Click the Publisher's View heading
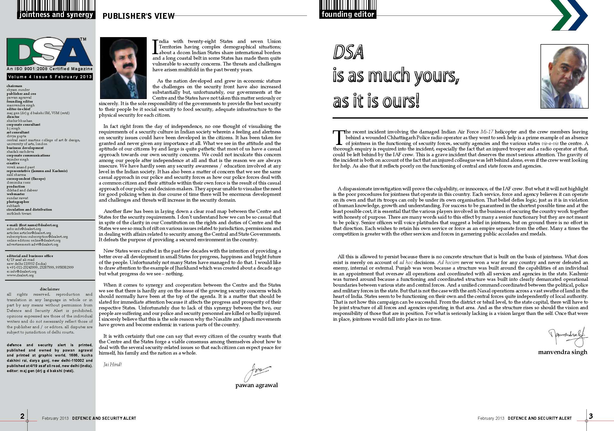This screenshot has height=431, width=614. pyautogui.click(x=138, y=16)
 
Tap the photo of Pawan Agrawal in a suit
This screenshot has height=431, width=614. pyautogui.click(x=123, y=68)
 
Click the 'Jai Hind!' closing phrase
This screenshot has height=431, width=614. pyautogui.click(x=113, y=364)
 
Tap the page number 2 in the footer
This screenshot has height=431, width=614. pyautogui.click(x=23, y=416)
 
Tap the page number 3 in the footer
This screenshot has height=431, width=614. pyautogui.click(x=591, y=416)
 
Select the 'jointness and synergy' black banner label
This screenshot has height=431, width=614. pyautogui.click(x=56, y=15)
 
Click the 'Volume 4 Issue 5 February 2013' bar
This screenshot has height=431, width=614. pyautogui.click(x=50, y=77)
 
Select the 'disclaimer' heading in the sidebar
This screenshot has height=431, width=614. pyautogui.click(x=50, y=289)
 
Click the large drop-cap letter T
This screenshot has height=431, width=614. pyautogui.click(x=339, y=137)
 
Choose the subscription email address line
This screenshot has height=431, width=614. pyautogui.click(x=37, y=237)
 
